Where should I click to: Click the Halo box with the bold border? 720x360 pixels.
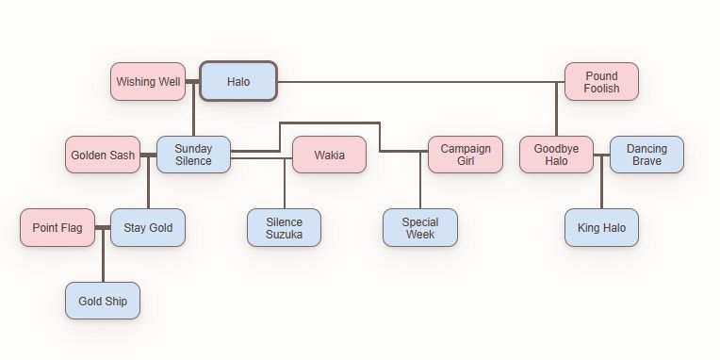click(238, 82)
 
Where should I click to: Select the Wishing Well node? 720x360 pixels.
click(148, 82)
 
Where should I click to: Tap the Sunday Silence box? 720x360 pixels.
click(193, 155)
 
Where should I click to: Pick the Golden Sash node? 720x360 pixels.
click(103, 155)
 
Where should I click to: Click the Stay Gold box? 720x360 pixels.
click(148, 227)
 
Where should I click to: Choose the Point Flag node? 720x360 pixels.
click(57, 227)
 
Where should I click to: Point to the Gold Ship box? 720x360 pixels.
click(103, 301)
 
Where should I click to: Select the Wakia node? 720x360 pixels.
click(329, 155)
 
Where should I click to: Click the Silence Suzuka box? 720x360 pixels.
click(284, 228)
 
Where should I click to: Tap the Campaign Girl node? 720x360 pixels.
click(466, 155)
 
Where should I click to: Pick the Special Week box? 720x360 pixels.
click(420, 228)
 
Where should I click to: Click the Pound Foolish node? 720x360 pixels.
click(601, 82)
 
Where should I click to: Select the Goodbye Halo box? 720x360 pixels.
click(556, 155)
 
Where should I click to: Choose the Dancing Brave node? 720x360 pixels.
click(646, 155)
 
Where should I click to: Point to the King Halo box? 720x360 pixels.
click(601, 228)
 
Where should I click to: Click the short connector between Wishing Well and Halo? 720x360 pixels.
click(193, 82)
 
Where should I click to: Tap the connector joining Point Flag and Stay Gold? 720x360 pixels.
click(103, 228)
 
